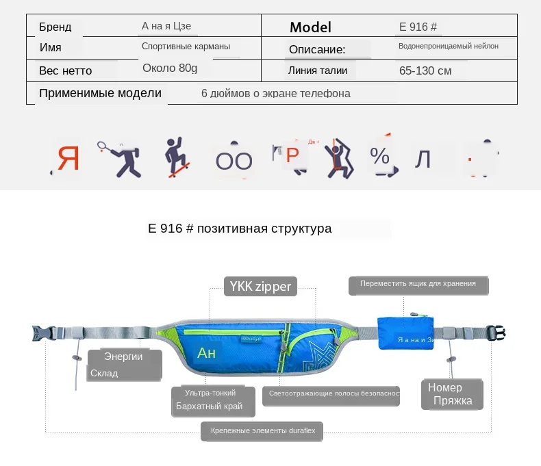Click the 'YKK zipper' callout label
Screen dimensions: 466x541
(x=260, y=287)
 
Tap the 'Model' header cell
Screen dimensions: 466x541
(x=310, y=27)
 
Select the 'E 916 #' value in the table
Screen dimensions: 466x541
(x=418, y=27)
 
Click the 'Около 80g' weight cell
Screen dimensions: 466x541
(x=170, y=68)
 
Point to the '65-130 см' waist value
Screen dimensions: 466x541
(x=425, y=70)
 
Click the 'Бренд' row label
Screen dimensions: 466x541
(x=55, y=27)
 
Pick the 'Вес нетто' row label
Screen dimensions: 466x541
(x=66, y=70)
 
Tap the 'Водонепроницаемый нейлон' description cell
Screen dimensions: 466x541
(x=449, y=47)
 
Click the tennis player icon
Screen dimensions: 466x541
(x=119, y=158)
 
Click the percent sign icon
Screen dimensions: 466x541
(x=379, y=157)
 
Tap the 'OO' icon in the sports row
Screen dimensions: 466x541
(x=234, y=161)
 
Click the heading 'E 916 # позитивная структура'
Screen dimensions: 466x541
(x=240, y=229)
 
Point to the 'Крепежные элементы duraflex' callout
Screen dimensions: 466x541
(x=263, y=431)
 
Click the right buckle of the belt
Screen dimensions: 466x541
(x=496, y=333)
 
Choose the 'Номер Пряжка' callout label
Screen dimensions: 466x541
(x=452, y=395)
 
